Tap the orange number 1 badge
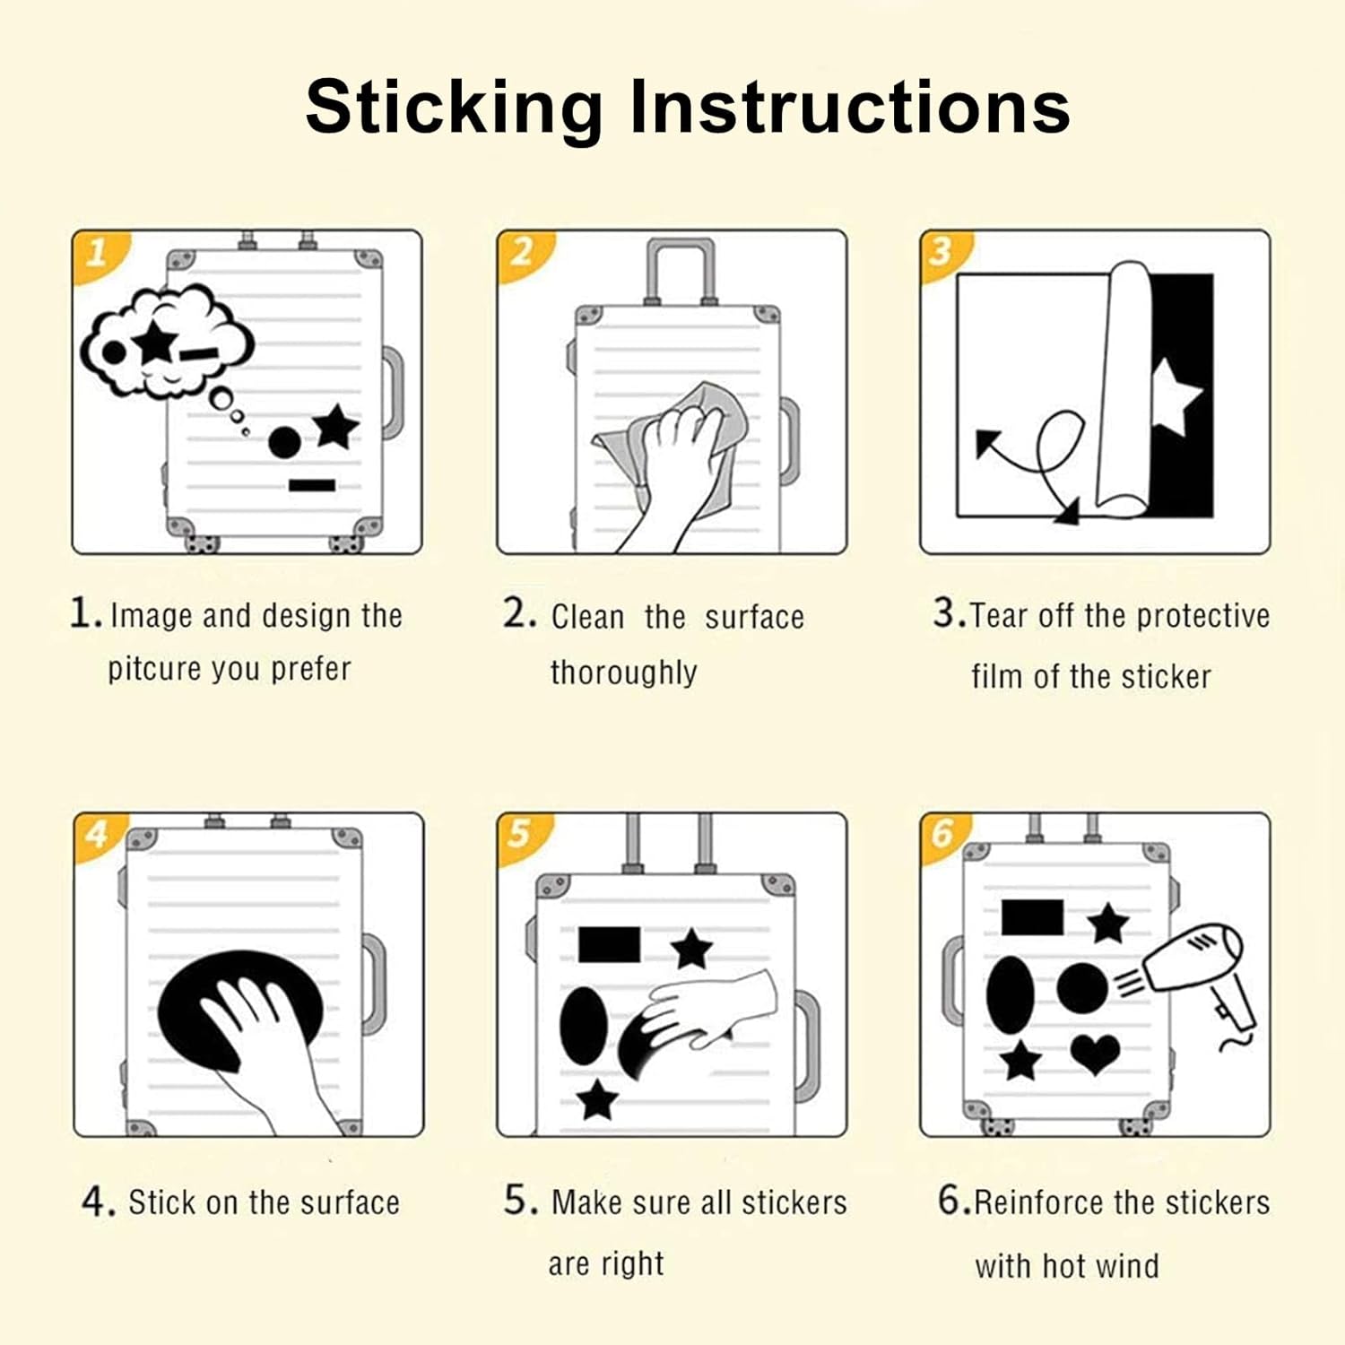pyautogui.click(x=97, y=254)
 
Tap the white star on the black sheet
pyautogui.click(x=1176, y=395)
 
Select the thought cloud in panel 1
pyautogui.click(x=167, y=341)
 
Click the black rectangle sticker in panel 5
pyautogui.click(x=610, y=945)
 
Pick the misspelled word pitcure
pyautogui.click(x=153, y=670)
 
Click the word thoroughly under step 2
pyautogui.click(x=624, y=672)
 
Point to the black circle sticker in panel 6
pyautogui.click(x=1082, y=988)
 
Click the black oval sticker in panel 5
pyautogui.click(x=584, y=1026)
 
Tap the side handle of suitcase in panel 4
pyautogui.click(x=373, y=984)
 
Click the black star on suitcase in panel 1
pyautogui.click(x=336, y=427)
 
